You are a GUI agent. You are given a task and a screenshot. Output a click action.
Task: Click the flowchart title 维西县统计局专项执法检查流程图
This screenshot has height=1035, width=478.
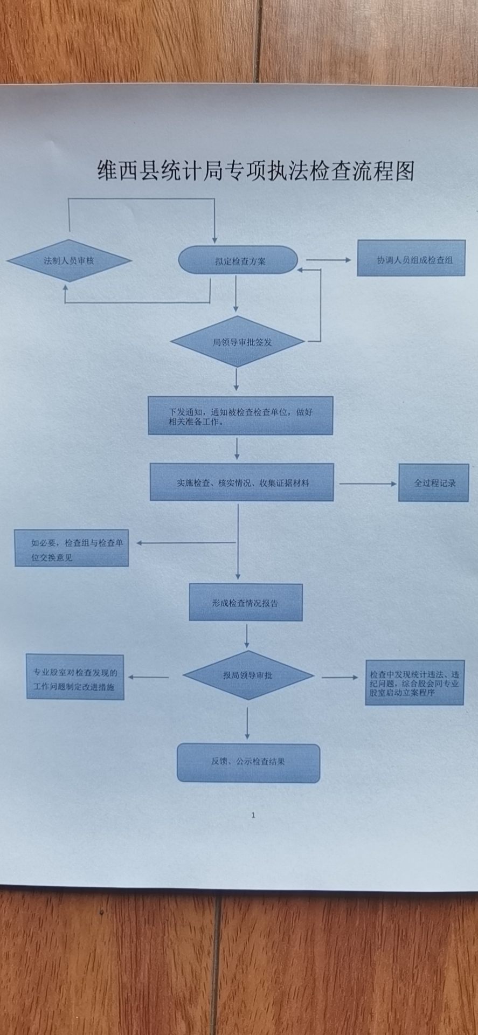tap(255, 171)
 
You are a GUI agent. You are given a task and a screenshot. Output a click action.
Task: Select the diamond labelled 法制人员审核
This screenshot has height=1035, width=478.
tap(69, 261)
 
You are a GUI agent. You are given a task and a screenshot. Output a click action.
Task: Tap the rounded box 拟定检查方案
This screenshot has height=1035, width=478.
tap(238, 261)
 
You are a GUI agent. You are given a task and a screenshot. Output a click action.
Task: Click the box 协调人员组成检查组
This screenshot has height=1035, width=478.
tap(411, 259)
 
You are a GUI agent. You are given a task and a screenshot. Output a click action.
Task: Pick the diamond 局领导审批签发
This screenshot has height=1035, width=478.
tap(238, 342)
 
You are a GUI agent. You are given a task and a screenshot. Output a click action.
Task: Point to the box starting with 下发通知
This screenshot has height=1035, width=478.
tap(240, 416)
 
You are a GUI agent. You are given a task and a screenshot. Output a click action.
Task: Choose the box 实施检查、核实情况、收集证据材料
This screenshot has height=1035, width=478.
tap(242, 482)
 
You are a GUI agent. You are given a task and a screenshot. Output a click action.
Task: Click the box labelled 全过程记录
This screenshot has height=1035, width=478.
tap(434, 483)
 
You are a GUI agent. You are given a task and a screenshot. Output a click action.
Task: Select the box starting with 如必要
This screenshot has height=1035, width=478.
tap(72, 549)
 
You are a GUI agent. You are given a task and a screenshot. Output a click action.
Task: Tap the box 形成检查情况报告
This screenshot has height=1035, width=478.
tap(246, 603)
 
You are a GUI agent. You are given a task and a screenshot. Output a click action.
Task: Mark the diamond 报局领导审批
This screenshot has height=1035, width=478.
tap(248, 675)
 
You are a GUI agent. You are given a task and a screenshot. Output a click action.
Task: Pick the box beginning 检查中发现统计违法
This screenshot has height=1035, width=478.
tap(414, 683)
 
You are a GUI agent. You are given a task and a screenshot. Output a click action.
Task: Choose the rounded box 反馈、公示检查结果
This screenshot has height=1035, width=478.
tap(248, 762)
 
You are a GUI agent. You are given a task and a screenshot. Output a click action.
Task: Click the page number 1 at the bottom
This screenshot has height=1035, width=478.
tap(253, 816)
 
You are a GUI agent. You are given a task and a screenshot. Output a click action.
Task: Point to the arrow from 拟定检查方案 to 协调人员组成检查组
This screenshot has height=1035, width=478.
tap(328, 260)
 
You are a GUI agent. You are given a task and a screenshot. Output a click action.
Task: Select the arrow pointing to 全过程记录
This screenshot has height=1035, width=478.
tap(367, 484)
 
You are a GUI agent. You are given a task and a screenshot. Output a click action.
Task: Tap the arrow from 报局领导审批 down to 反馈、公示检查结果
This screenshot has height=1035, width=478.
tap(247, 722)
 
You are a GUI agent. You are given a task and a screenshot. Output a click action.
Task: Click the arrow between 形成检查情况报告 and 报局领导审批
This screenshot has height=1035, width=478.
tap(247, 636)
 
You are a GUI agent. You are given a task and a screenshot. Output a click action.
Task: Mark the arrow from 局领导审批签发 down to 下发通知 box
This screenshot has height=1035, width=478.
tap(236, 380)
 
